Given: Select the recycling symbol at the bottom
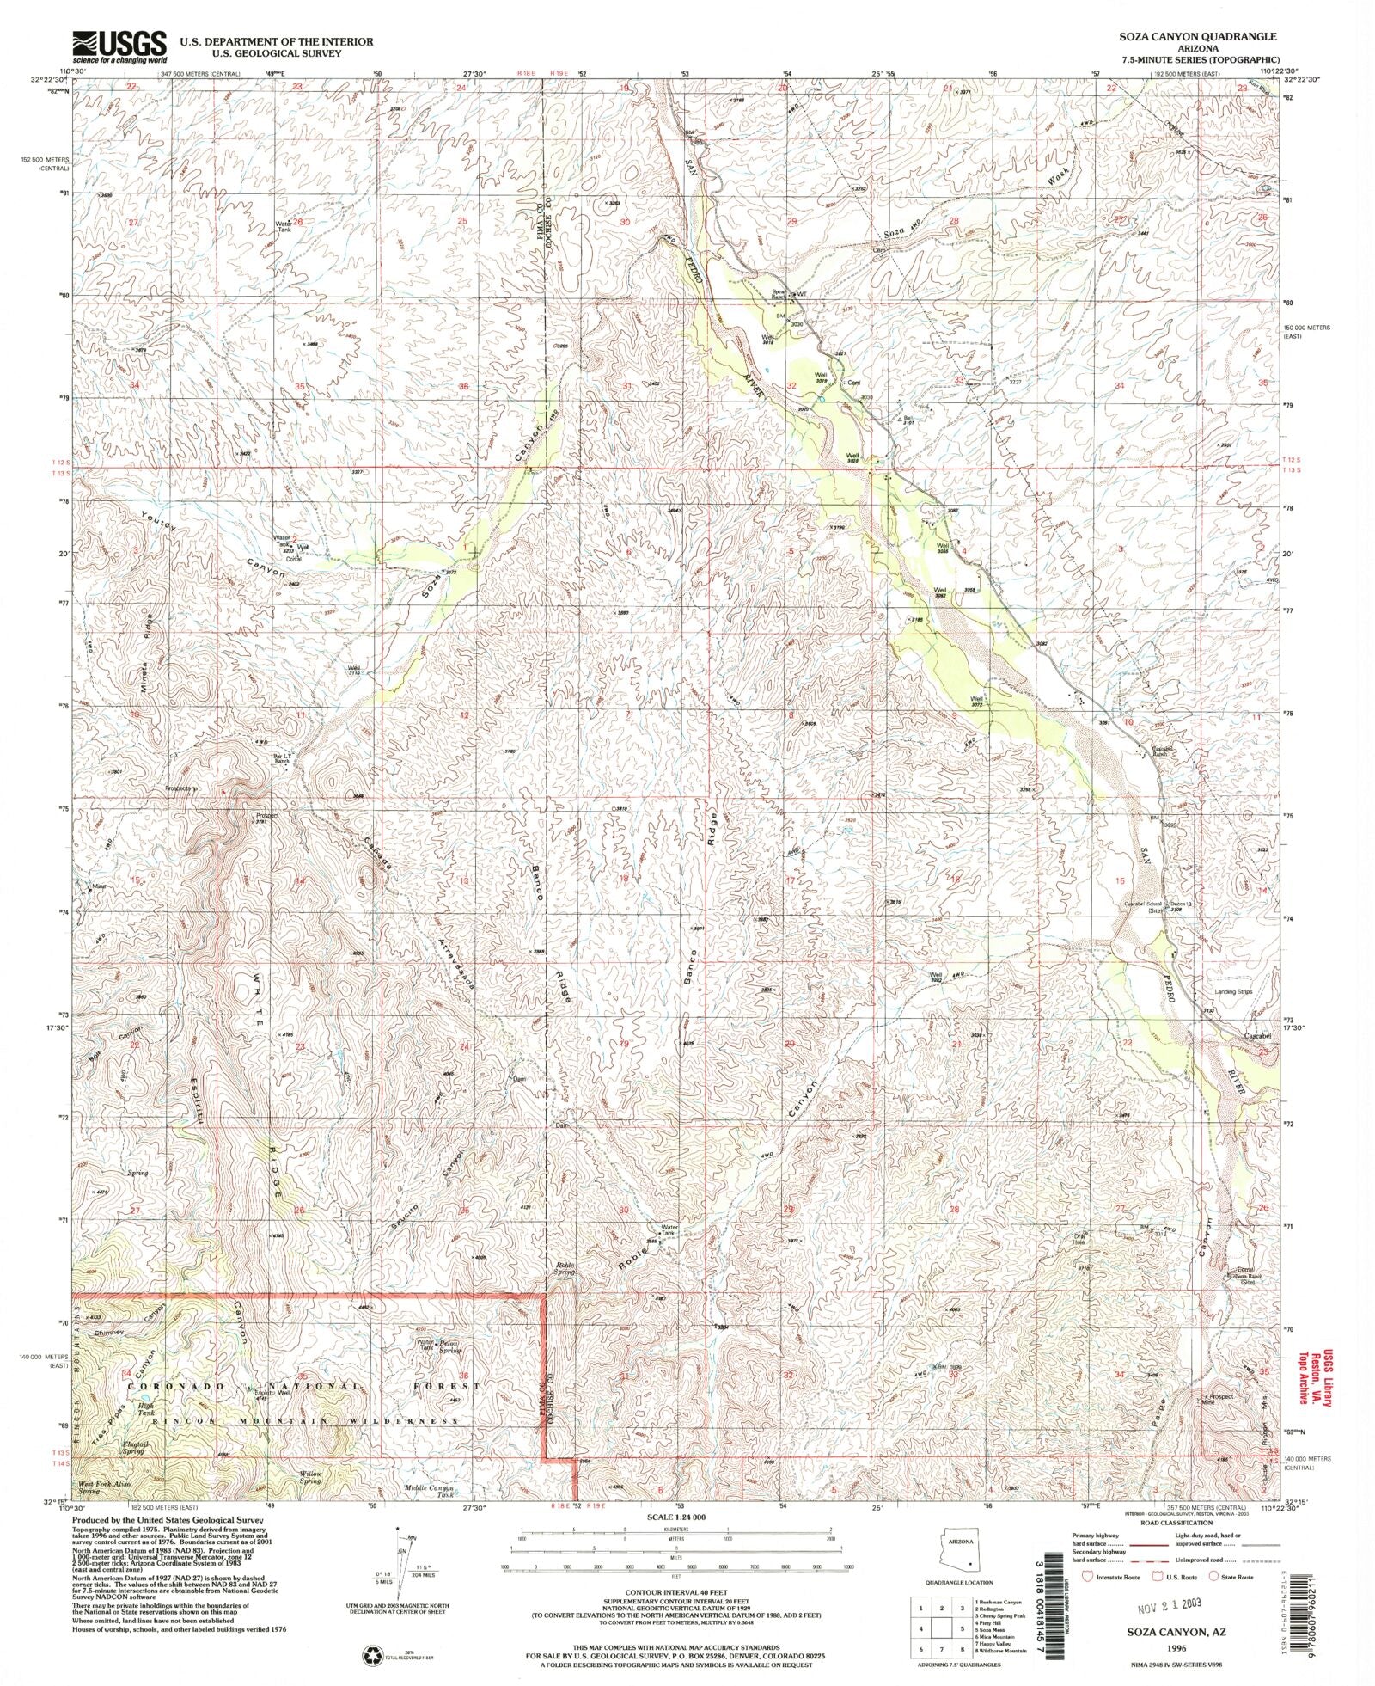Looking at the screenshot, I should (x=370, y=1654).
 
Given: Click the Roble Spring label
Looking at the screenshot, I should (x=565, y=1270).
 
